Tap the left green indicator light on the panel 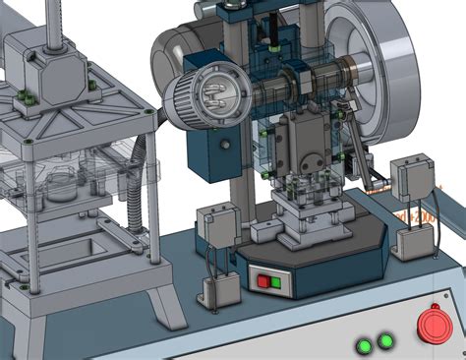click(366, 345)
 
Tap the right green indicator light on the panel click(386, 341)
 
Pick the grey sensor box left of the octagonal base click(217, 223)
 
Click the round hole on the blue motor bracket click(225, 145)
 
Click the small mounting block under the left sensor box click(221, 291)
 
